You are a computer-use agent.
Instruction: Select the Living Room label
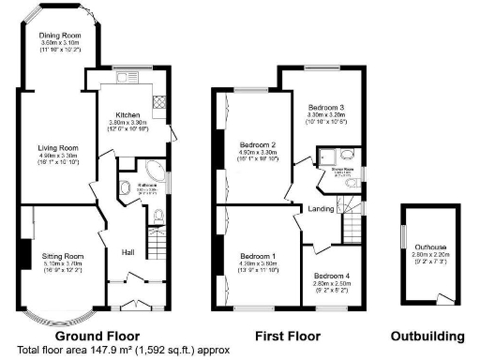click(56, 147)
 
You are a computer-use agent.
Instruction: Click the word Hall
click(128, 251)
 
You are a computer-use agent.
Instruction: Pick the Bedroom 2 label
click(257, 145)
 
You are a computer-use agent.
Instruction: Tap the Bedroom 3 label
click(328, 108)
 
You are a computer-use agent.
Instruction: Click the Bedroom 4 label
click(332, 275)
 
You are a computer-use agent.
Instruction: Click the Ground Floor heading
click(97, 336)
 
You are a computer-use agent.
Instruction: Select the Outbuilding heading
click(427, 336)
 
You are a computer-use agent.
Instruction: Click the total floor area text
click(122, 350)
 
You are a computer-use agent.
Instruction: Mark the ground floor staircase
click(156, 245)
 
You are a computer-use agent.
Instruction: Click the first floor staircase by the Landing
click(352, 226)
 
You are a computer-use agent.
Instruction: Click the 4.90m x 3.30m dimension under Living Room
click(56, 157)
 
